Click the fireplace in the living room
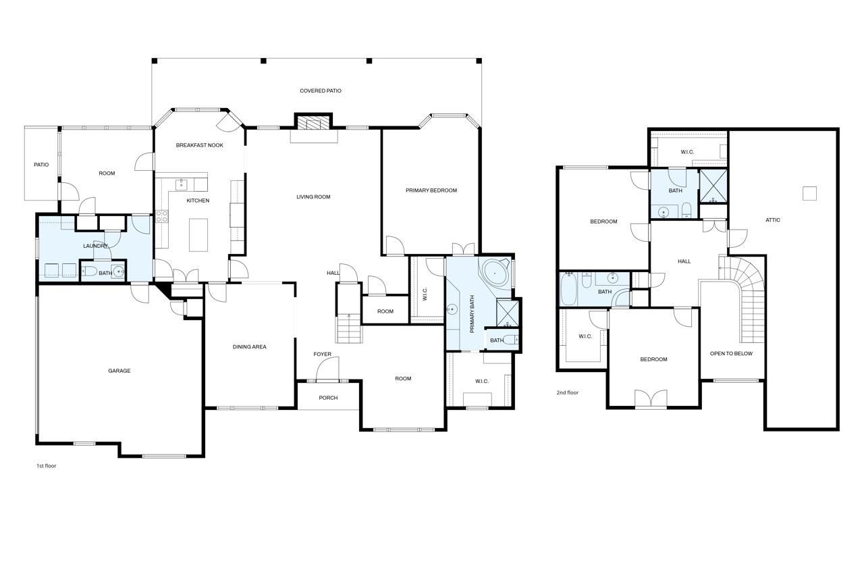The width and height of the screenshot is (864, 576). pyautogui.click(x=313, y=123)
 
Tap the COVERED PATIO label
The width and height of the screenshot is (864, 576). pyautogui.click(x=321, y=90)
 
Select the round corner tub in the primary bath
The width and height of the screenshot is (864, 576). pyautogui.click(x=495, y=273)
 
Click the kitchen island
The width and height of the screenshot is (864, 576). pyautogui.click(x=198, y=235)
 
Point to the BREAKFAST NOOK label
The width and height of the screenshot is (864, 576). pyautogui.click(x=199, y=145)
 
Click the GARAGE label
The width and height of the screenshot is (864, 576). pyautogui.click(x=119, y=371)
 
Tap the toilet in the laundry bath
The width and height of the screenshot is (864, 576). pyautogui.click(x=88, y=271)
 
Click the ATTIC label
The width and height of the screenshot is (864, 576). pyautogui.click(x=773, y=220)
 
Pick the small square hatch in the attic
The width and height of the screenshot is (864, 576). pyautogui.click(x=809, y=193)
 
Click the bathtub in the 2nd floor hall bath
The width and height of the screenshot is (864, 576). pyautogui.click(x=569, y=289)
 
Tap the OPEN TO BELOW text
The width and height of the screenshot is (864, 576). pyautogui.click(x=731, y=353)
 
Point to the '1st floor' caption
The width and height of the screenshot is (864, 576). pyautogui.click(x=47, y=466)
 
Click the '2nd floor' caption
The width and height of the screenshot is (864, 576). pyautogui.click(x=568, y=392)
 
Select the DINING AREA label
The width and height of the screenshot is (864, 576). pyautogui.click(x=250, y=347)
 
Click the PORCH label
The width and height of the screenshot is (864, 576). pyautogui.click(x=328, y=398)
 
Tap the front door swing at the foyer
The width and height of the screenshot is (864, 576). pyautogui.click(x=327, y=369)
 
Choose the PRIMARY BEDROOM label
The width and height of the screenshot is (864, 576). pyautogui.click(x=431, y=190)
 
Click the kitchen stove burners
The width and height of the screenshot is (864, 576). pyautogui.click(x=161, y=216)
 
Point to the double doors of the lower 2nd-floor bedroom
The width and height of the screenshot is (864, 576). pyautogui.click(x=651, y=398)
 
